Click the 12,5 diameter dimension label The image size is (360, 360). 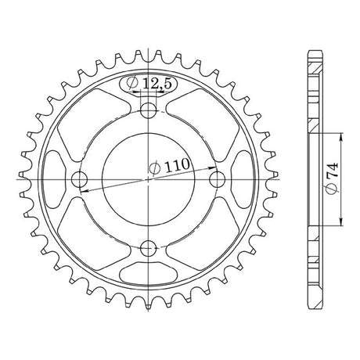pyautogui.click(x=149, y=84)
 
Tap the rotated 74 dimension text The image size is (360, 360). pyautogui.click(x=333, y=178)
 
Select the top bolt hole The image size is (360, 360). pyautogui.click(x=148, y=110)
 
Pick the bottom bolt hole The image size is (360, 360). pyautogui.click(x=148, y=248)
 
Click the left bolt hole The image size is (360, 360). pyautogui.click(x=79, y=179)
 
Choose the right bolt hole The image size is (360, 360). pyautogui.click(x=217, y=179)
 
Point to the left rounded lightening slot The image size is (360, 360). pyautogui.click(x=54, y=179)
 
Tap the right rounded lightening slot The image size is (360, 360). pyautogui.click(x=243, y=179)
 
